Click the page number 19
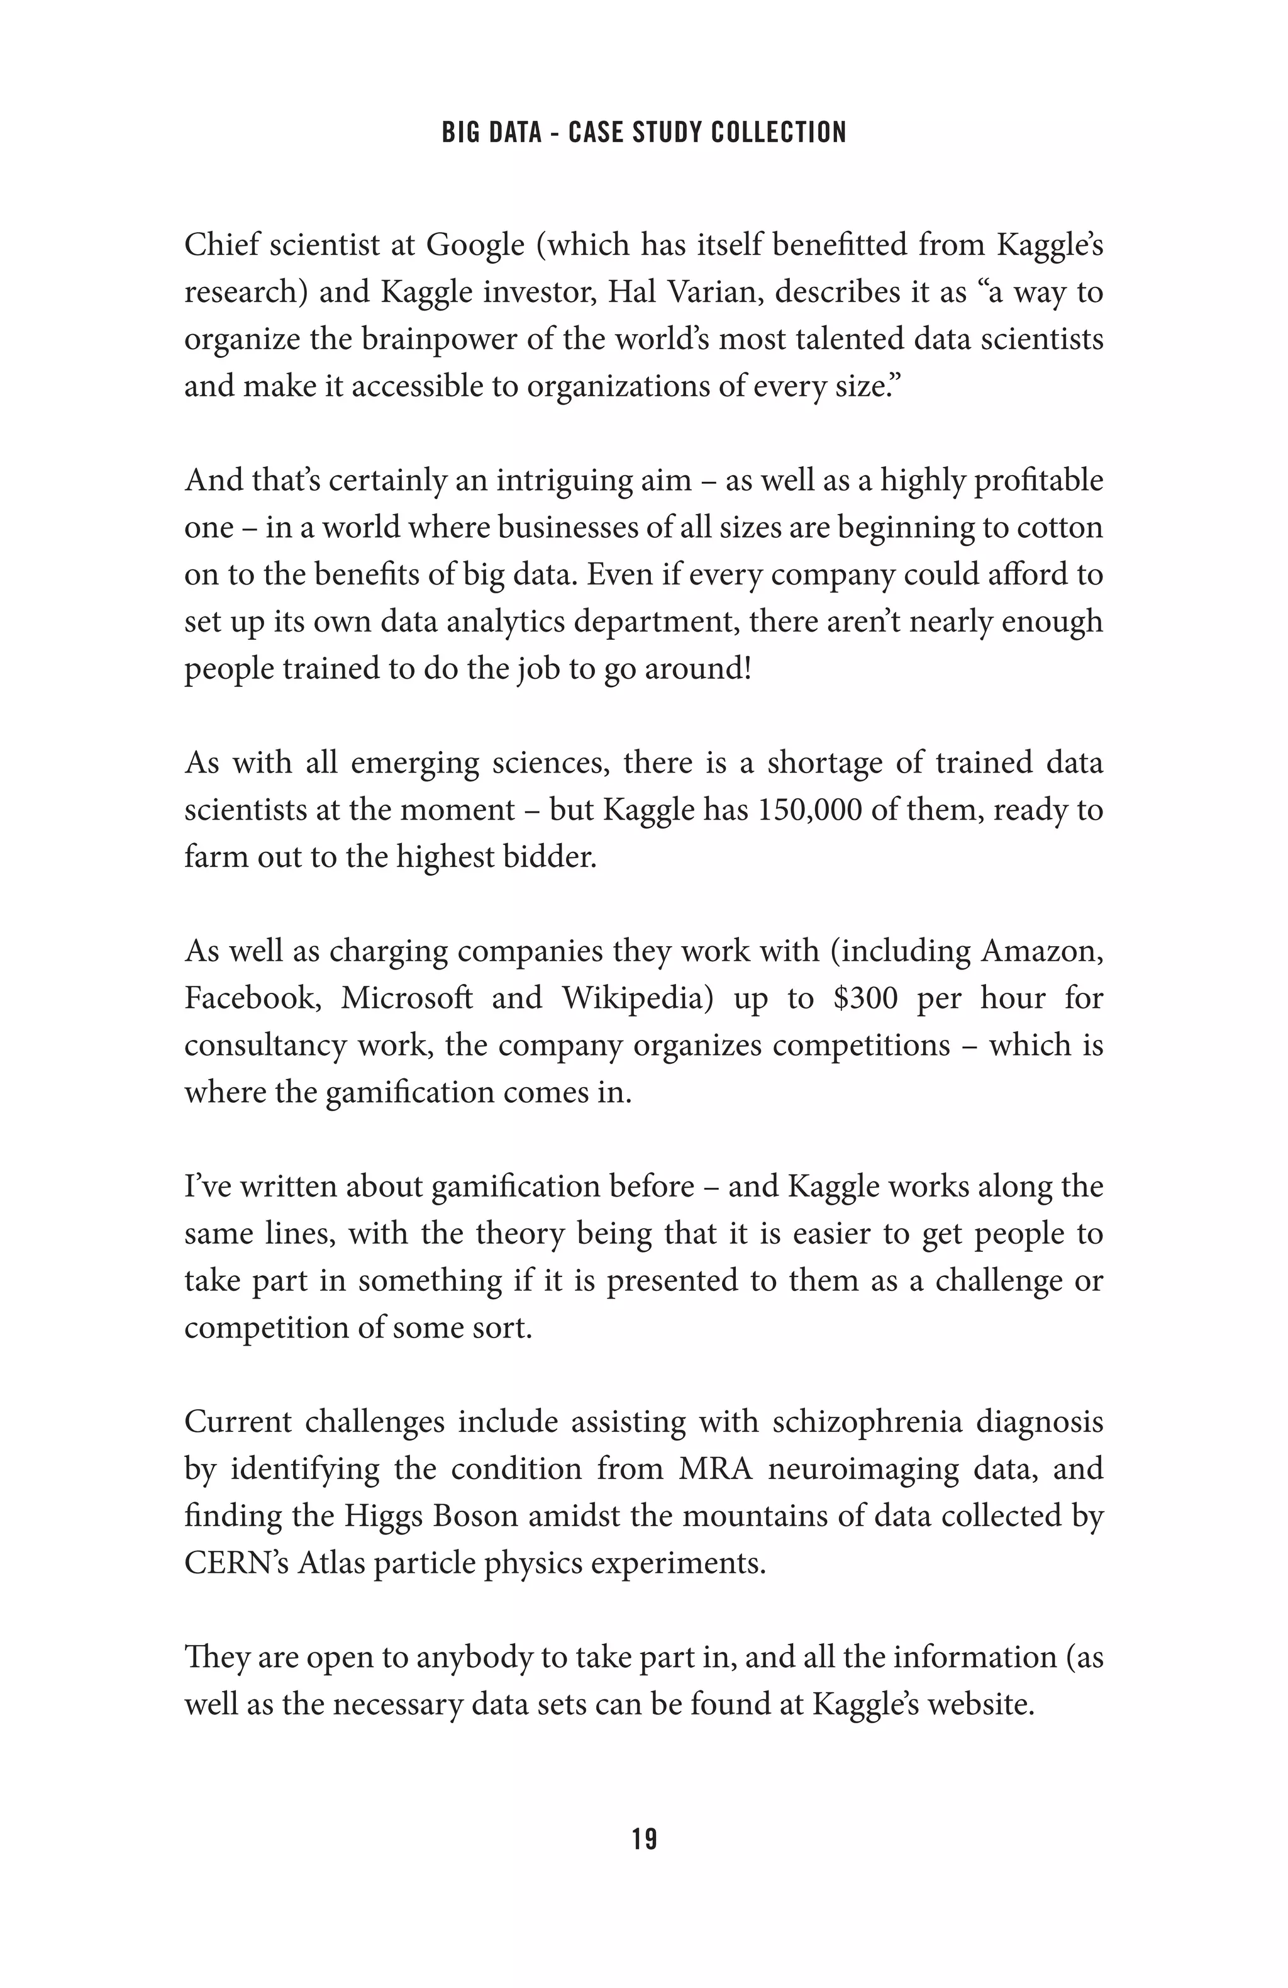[644, 1838]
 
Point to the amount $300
[865, 997]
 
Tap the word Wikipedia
[636, 997]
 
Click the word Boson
[475, 1516]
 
